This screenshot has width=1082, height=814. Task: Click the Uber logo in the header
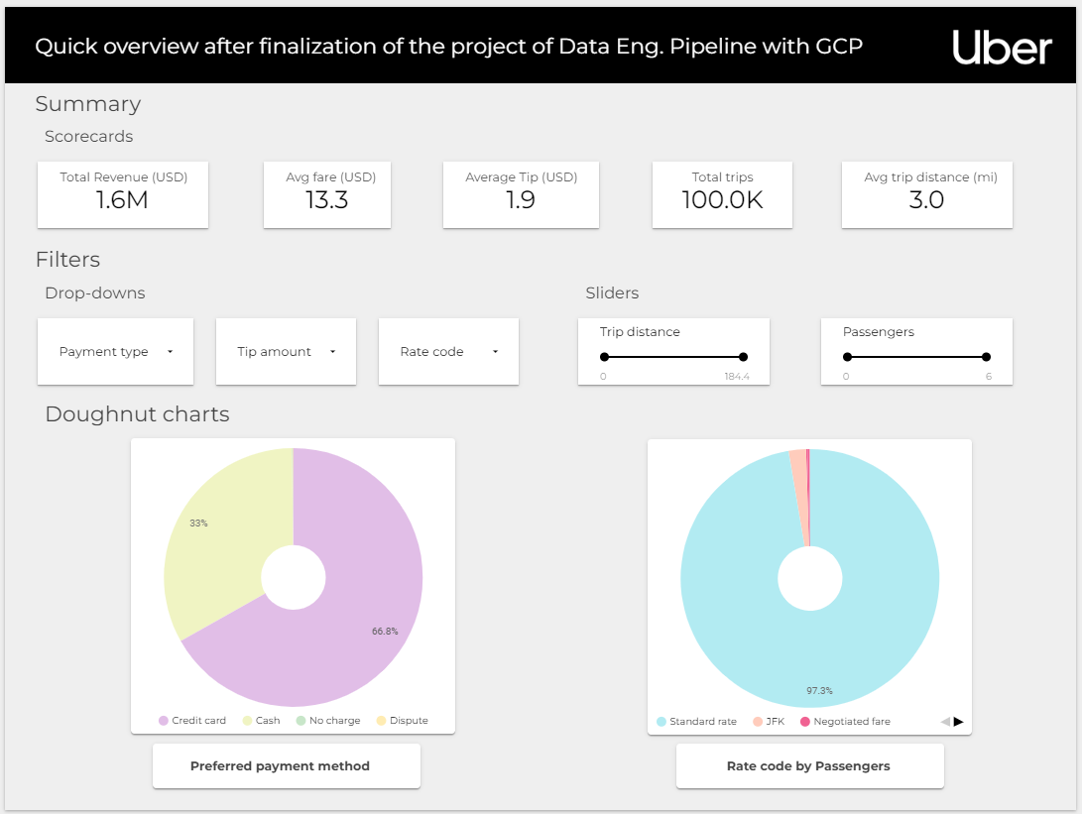(x=1002, y=47)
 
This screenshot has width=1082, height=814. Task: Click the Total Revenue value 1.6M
(x=123, y=200)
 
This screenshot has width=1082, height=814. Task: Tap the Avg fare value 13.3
(x=327, y=200)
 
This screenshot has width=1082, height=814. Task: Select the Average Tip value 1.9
(x=521, y=200)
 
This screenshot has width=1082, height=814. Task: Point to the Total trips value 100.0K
(x=722, y=200)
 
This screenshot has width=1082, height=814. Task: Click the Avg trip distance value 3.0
(x=927, y=200)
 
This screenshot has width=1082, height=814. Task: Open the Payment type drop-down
(x=115, y=352)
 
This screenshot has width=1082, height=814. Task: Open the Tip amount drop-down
(x=286, y=352)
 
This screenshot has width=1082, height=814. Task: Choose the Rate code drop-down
(x=448, y=352)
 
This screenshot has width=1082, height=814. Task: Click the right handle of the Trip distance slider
(x=743, y=357)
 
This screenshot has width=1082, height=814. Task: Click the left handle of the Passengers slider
(x=847, y=357)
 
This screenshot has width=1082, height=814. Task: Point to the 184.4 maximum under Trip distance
(x=737, y=377)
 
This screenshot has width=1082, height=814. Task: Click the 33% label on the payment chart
(x=198, y=523)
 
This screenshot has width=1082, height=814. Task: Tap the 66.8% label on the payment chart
(x=385, y=631)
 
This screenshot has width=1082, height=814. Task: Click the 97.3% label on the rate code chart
(x=819, y=690)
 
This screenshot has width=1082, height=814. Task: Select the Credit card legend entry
(x=192, y=721)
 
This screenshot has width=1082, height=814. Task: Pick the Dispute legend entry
(x=403, y=721)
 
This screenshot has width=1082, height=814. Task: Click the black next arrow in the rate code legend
(x=959, y=722)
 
